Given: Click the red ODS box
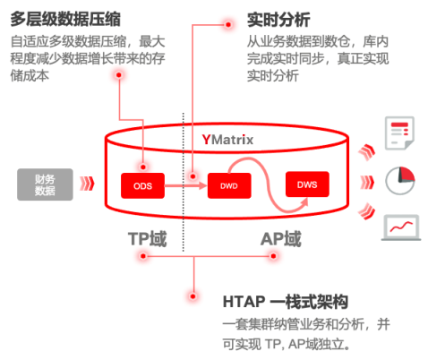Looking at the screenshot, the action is [x=142, y=185].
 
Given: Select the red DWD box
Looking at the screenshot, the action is [x=229, y=185].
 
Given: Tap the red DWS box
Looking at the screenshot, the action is [x=307, y=184].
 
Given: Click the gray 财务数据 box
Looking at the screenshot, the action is [x=45, y=184].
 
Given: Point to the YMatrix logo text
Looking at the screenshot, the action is [x=227, y=140].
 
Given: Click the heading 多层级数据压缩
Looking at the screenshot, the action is [x=65, y=19].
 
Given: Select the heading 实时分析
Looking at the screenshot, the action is [x=278, y=20].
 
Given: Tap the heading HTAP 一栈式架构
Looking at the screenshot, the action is [x=286, y=302].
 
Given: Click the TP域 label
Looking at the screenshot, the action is [x=147, y=239].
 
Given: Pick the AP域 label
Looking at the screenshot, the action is [x=281, y=239].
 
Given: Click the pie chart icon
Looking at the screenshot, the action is [x=400, y=181].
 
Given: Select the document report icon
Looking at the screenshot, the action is [x=399, y=133].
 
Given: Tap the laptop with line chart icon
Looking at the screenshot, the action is [x=401, y=227].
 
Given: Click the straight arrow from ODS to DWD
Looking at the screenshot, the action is [x=185, y=185].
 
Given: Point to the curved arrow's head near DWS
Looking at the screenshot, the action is [x=304, y=202].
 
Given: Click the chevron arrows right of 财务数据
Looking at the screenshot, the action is [x=87, y=184].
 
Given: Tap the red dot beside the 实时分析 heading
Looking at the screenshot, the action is [x=228, y=24].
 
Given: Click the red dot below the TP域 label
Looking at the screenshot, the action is [x=143, y=256].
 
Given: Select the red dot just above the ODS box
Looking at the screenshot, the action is [x=143, y=167].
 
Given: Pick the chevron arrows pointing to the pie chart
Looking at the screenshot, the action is [x=367, y=182].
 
